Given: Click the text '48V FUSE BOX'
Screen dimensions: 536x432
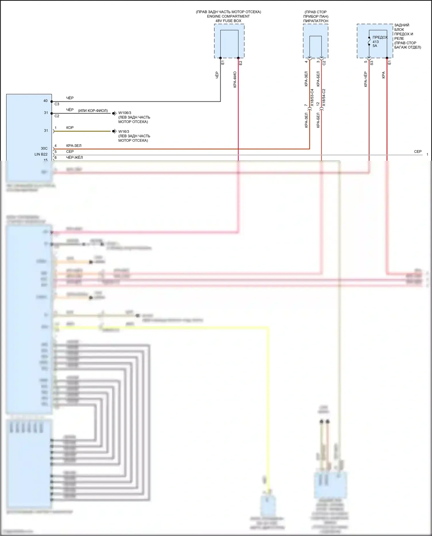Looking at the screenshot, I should pyautogui.click(x=228, y=21).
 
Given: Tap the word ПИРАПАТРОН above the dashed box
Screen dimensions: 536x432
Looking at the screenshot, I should pyautogui.click(x=316, y=21).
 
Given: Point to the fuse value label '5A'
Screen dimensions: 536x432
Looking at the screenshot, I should pyautogui.click(x=375, y=46).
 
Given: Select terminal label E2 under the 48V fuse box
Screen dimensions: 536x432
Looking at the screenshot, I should pyautogui.click(x=241, y=62).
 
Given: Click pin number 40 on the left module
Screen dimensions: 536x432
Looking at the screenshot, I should pyautogui.click(x=46, y=101).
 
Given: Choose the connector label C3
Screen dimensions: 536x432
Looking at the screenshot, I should pyautogui.click(x=57, y=104).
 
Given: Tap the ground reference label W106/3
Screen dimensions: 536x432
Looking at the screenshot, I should pyautogui.click(x=125, y=113).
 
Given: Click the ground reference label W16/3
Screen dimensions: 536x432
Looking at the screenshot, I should pyautogui.click(x=124, y=132).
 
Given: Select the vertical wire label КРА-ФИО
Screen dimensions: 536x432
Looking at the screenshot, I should pyautogui.click(x=235, y=79).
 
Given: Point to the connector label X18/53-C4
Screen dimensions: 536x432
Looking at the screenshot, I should pyautogui.click(x=312, y=98).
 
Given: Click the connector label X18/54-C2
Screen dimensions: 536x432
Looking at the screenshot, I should pyautogui.click(x=324, y=98).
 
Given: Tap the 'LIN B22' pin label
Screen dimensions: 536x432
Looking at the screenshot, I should pyautogui.click(x=41, y=154).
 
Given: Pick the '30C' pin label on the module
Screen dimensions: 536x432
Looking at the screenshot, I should pyautogui.click(x=44, y=148).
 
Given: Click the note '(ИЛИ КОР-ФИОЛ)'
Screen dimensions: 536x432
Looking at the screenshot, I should pyautogui.click(x=93, y=111).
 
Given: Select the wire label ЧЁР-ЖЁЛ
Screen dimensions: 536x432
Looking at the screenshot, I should pyautogui.click(x=74, y=158).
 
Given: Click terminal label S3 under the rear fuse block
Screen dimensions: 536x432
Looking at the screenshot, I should pyautogui.click(x=372, y=62).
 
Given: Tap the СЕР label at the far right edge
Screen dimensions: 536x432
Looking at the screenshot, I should pyautogui.click(x=418, y=151).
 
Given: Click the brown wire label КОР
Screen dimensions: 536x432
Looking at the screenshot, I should pyautogui.click(x=70, y=128).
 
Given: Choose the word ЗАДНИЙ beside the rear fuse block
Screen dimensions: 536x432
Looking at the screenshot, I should pyautogui.click(x=401, y=25).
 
